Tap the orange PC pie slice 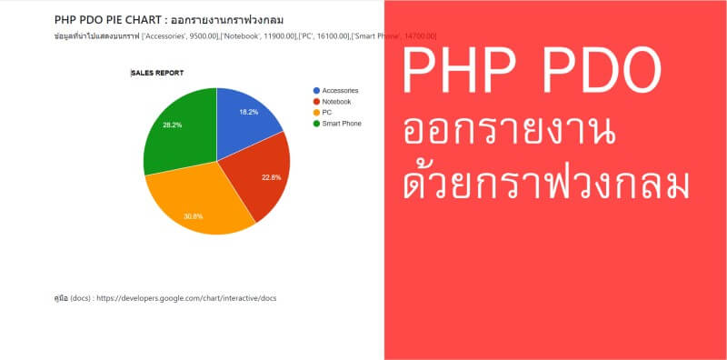point(200,205)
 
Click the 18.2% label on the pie point(248,112)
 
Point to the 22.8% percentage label point(271,177)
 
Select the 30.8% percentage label point(193,216)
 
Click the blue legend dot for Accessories point(316,91)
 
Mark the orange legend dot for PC point(316,113)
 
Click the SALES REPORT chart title point(157,73)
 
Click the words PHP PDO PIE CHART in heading point(101,18)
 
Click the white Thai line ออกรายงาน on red point(509,133)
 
